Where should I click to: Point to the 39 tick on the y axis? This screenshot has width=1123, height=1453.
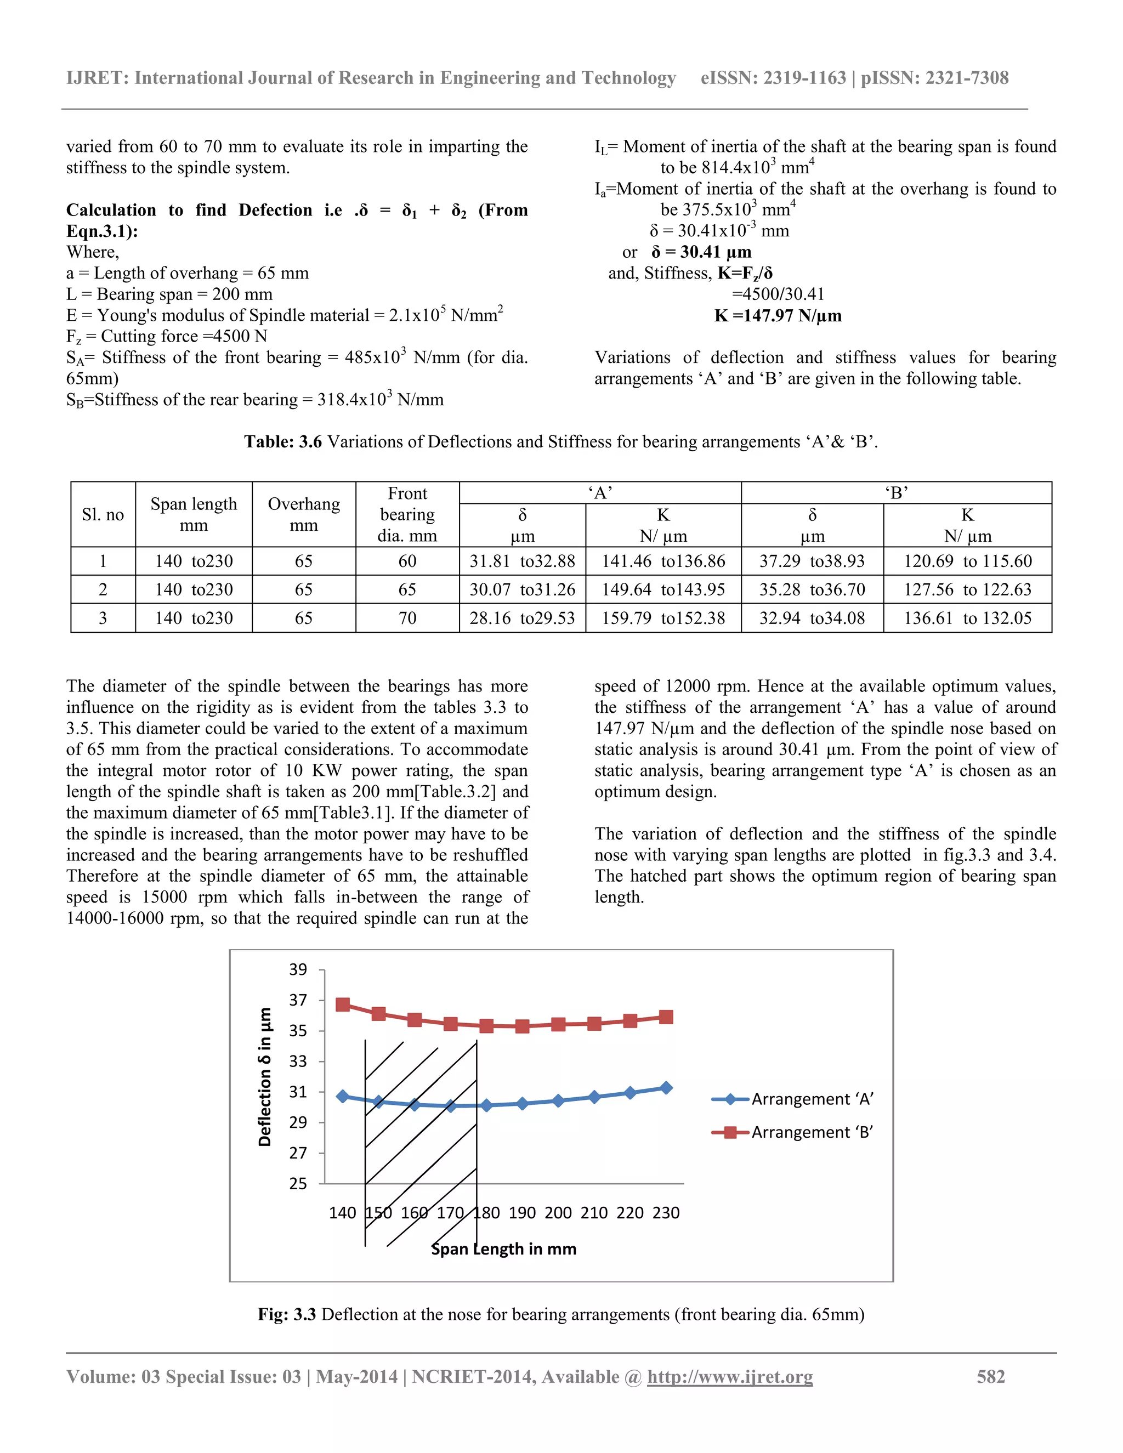pyautogui.click(x=298, y=969)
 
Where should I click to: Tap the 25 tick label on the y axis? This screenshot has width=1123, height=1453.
pyautogui.click(x=298, y=1184)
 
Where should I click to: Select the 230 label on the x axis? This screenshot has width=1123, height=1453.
pyautogui.click(x=666, y=1213)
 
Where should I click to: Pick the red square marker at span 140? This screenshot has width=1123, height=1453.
pyautogui.click(x=343, y=1004)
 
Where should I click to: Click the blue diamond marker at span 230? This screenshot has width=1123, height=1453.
pyautogui.click(x=666, y=1088)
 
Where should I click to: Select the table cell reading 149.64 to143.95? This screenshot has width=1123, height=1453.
pyautogui.click(x=663, y=589)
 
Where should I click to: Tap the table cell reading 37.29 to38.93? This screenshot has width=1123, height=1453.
pyautogui.click(x=812, y=561)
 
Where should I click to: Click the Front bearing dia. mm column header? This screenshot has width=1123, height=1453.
pyautogui.click(x=407, y=514)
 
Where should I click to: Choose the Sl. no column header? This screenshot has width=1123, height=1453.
pyautogui.click(x=103, y=514)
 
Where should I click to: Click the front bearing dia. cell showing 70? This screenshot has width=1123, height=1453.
pyautogui.click(x=407, y=618)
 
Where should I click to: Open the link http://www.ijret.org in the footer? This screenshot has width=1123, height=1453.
pyautogui.click(x=730, y=1376)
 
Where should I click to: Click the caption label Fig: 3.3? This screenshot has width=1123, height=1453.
pyautogui.click(x=287, y=1314)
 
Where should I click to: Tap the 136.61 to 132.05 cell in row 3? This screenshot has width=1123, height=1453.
pyautogui.click(x=967, y=618)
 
